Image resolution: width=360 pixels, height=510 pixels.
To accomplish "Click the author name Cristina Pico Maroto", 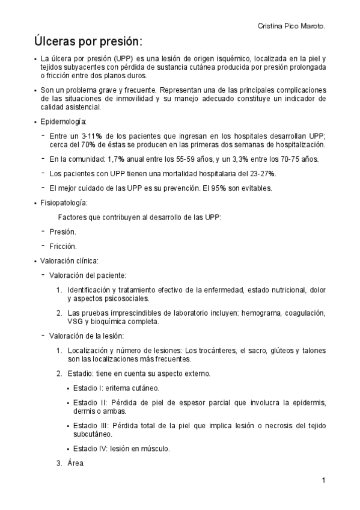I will (x=291, y=27).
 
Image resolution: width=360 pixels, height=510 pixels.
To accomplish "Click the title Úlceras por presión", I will (x=88, y=43).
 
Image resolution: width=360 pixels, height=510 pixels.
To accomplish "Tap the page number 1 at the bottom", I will (x=323, y=481).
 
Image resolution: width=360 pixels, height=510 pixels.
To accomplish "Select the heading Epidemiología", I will (x=64, y=121).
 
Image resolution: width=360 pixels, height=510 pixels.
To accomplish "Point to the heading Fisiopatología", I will (x=64, y=203).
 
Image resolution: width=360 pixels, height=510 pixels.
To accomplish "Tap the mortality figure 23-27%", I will (x=261, y=174).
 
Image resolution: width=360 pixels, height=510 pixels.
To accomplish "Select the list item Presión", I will (x=63, y=232).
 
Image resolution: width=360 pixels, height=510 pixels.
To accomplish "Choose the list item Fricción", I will (x=63, y=246).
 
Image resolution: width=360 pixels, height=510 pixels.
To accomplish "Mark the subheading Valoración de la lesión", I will (x=87, y=336).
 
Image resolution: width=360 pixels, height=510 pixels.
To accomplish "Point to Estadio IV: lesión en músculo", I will (x=120, y=449).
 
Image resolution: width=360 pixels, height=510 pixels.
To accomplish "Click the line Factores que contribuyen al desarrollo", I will (x=139, y=217).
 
